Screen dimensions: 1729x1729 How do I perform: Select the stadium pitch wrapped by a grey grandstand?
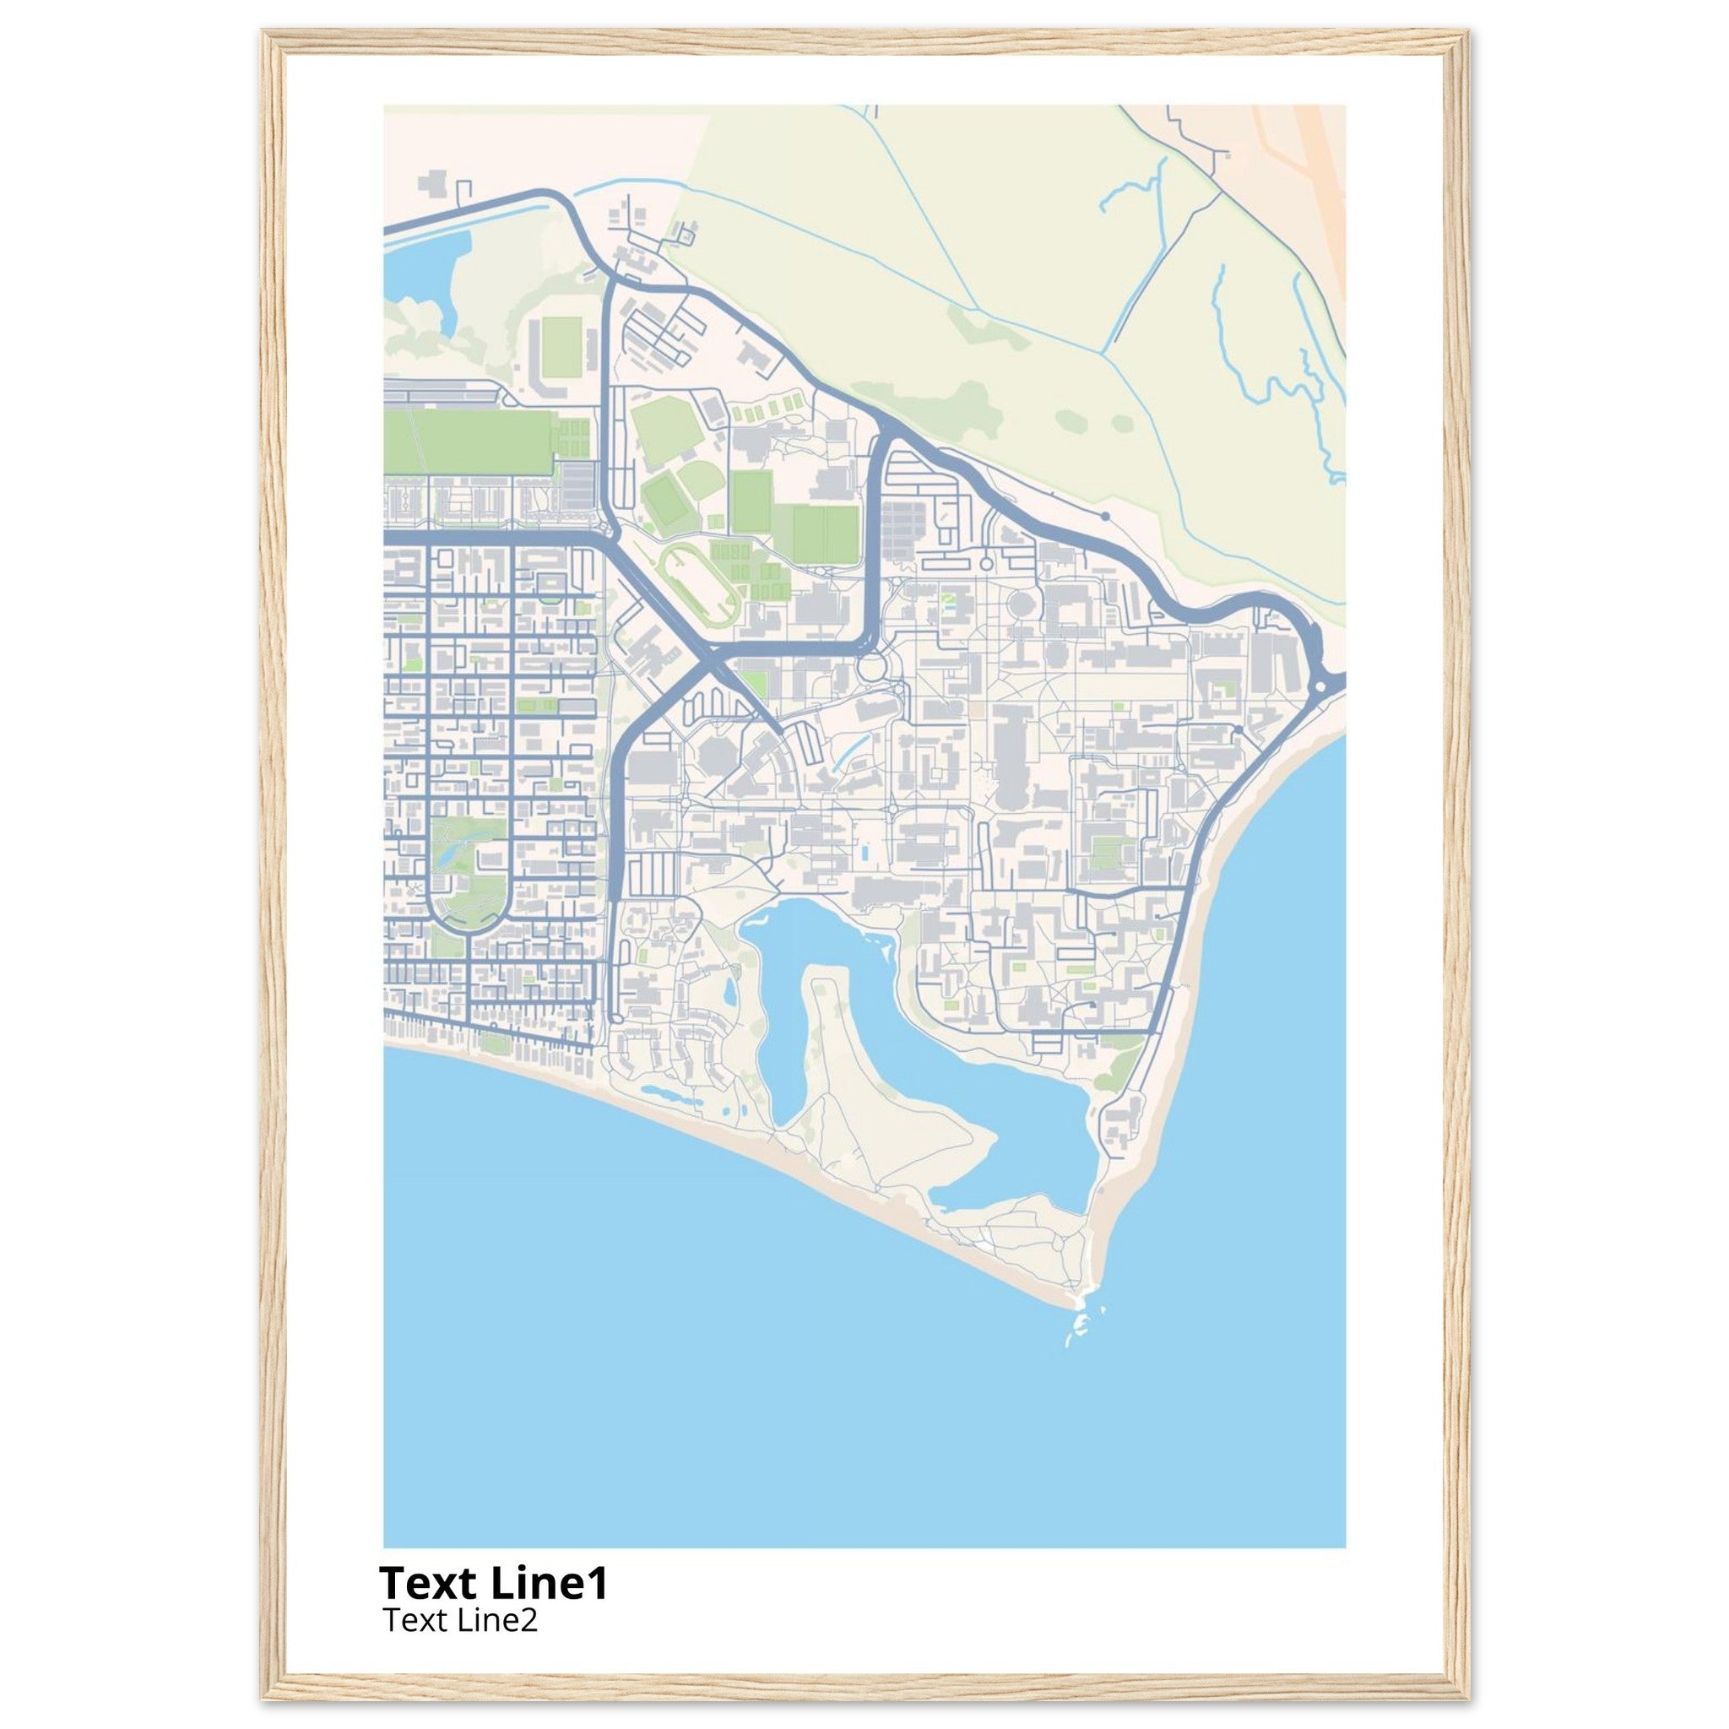click(561, 349)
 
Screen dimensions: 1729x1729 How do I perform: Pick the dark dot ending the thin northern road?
click(1105, 517)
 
